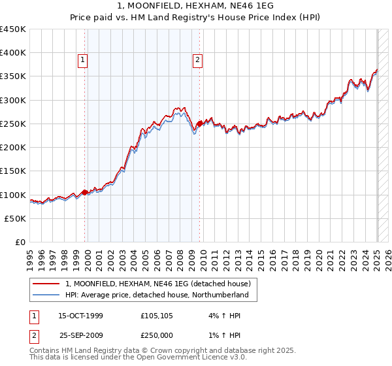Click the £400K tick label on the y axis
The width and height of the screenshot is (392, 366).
13,53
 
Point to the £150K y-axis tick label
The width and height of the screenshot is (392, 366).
13,171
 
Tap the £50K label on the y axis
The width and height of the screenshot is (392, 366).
15,218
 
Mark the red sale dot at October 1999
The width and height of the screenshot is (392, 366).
85,192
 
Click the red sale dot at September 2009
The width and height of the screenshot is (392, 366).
199,124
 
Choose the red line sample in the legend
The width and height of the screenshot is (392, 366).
47,284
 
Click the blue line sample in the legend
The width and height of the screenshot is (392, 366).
47,295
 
